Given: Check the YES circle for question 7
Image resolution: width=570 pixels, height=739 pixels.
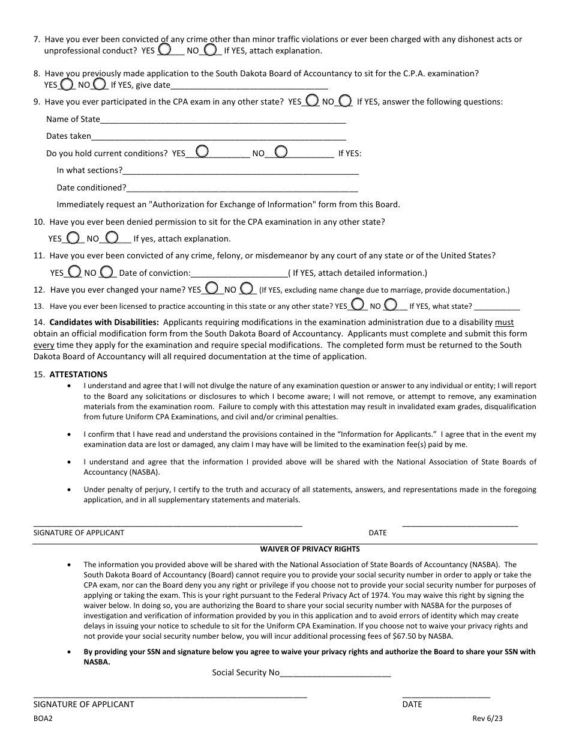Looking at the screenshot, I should [164, 49].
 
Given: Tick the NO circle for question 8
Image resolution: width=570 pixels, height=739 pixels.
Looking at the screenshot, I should [100, 84].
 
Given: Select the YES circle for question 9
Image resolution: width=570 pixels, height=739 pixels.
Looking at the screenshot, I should [312, 100].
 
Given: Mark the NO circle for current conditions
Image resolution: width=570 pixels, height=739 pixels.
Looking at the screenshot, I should [281, 151].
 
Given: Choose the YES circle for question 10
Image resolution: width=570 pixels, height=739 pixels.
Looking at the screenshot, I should [73, 237].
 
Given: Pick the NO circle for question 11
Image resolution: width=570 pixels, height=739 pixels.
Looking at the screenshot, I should [106, 271].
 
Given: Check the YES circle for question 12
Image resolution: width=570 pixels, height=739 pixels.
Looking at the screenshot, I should [212, 288].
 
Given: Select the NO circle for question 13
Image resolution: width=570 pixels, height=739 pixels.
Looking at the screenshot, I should [391, 304].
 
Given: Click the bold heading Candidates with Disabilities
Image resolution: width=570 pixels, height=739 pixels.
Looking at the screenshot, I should [104, 323].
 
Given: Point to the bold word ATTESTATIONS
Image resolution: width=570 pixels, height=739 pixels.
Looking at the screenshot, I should [79, 374].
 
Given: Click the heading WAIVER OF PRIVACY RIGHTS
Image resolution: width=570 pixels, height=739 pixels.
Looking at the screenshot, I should [310, 549].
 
